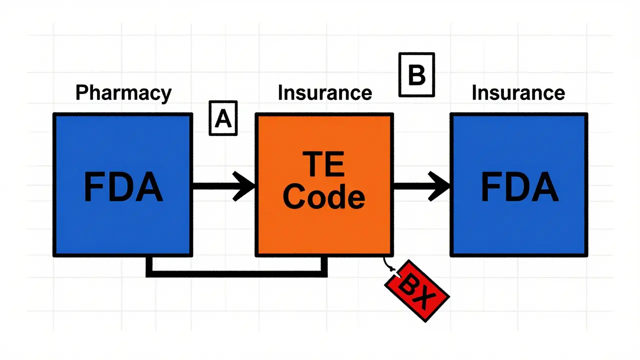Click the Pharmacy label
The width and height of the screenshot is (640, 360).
click(x=123, y=93)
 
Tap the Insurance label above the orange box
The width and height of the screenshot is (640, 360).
click(x=324, y=93)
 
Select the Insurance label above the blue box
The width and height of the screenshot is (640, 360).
click(x=518, y=93)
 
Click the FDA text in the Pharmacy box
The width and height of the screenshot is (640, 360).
click(x=123, y=187)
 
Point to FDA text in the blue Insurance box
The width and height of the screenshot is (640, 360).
click(x=519, y=187)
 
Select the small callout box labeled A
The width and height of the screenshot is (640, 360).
click(x=223, y=118)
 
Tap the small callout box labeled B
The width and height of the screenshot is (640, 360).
click(x=416, y=75)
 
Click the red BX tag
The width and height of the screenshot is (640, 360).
click(x=416, y=290)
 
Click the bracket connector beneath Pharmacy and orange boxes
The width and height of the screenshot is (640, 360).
click(x=236, y=273)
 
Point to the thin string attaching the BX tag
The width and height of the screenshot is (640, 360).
click(x=387, y=263)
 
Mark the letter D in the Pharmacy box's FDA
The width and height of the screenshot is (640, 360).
click(x=121, y=187)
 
